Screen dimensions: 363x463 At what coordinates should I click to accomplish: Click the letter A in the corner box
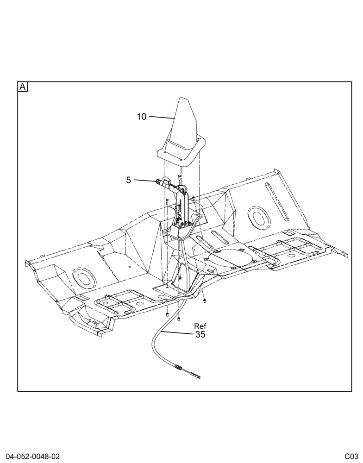[x=23, y=87]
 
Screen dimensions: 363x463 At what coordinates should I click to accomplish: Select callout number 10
[x=142, y=117]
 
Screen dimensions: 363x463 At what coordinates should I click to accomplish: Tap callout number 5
[x=128, y=180]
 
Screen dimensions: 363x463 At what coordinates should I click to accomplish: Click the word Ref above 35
[x=200, y=326]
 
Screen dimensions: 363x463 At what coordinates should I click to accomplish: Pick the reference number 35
[x=200, y=334]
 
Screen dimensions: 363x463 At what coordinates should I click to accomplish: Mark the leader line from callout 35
[x=177, y=333]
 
